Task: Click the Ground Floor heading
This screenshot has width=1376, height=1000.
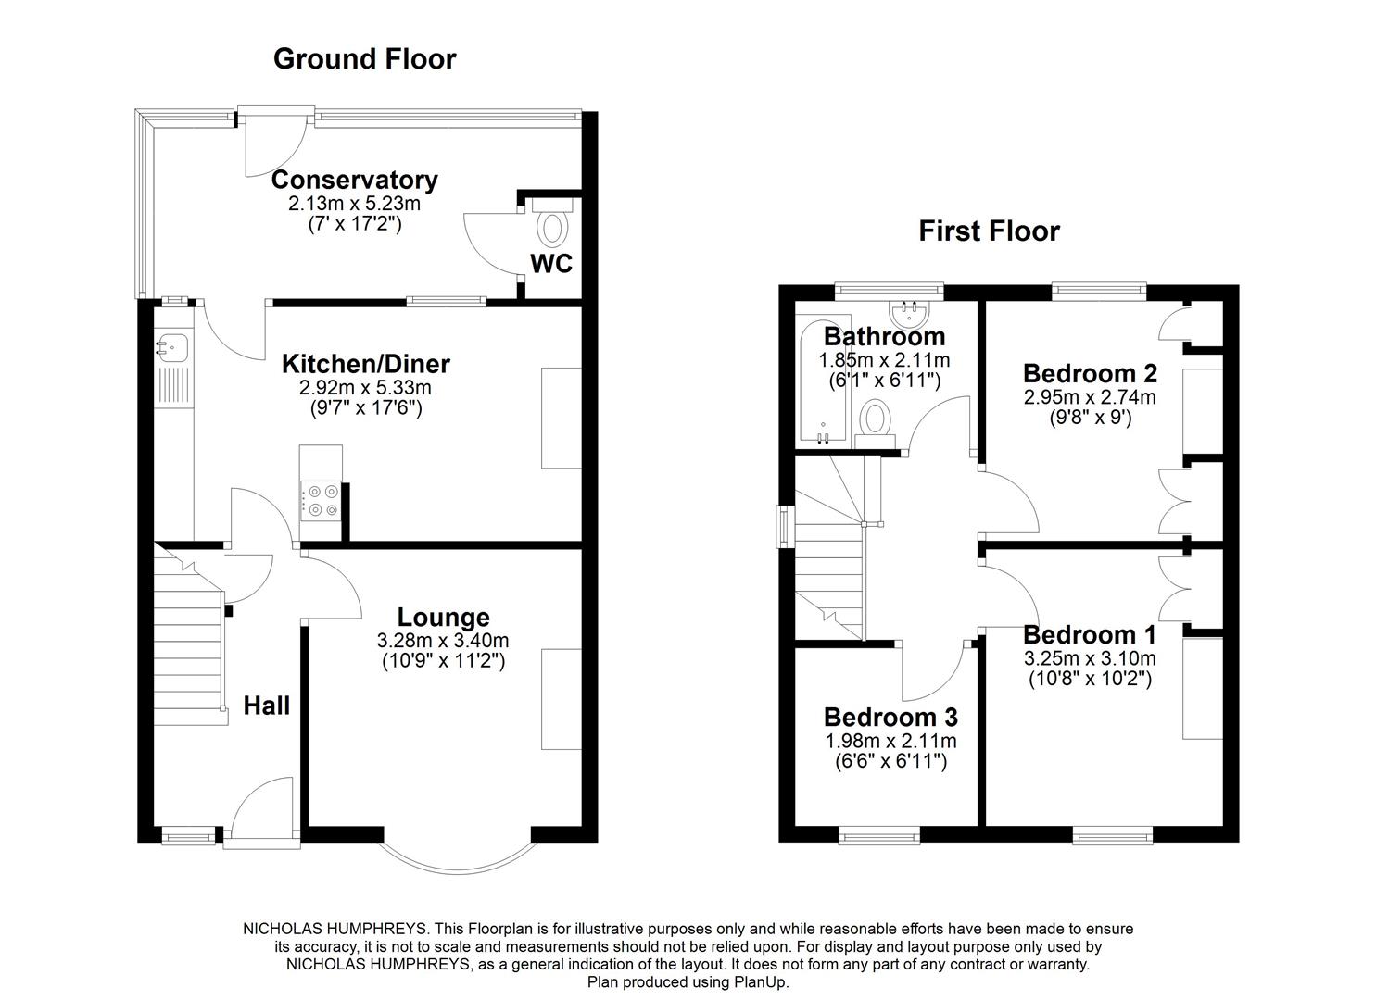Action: [364, 59]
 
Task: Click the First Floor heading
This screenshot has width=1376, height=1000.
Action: [988, 231]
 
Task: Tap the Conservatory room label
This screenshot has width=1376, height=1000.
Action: [354, 180]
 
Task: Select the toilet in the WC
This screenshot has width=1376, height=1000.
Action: [554, 228]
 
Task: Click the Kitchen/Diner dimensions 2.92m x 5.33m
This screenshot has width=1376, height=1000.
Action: [357, 388]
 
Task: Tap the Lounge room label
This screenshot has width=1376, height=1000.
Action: [443, 617]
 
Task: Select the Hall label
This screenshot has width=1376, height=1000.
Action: [267, 706]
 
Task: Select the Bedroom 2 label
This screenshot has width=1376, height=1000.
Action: [1090, 373]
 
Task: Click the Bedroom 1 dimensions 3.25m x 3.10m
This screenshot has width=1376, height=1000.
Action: [1090, 658]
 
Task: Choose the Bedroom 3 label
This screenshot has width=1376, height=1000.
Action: [890, 718]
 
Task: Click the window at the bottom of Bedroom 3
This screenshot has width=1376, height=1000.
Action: [879, 836]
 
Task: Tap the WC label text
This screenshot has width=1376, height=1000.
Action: [551, 264]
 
